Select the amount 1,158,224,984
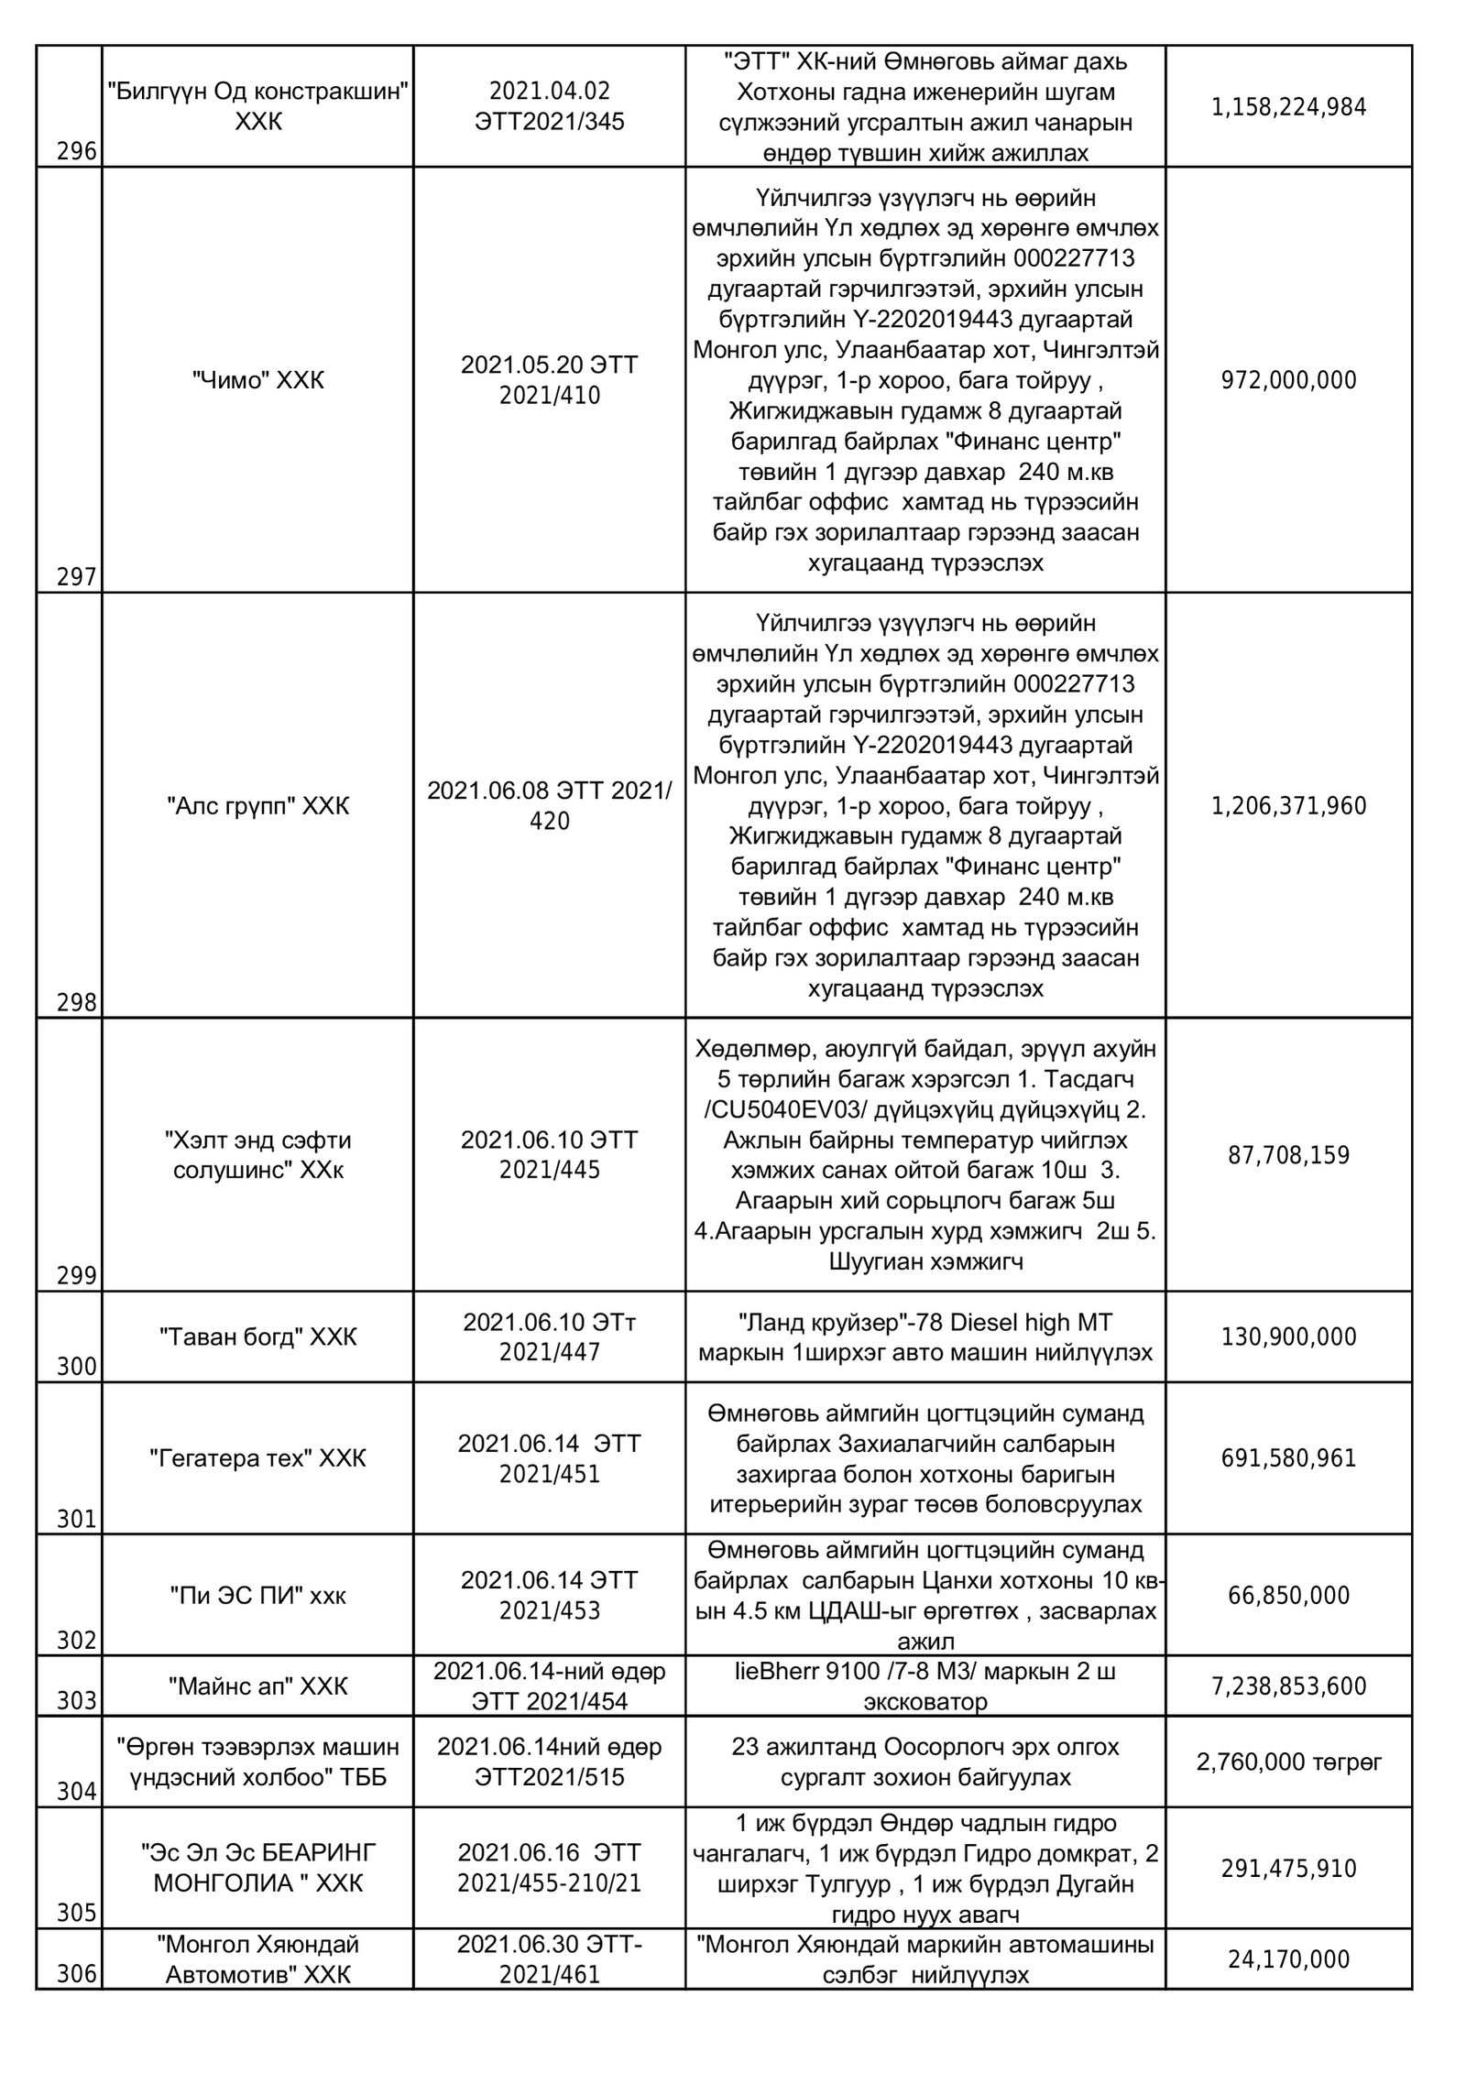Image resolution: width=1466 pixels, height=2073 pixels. [1288, 107]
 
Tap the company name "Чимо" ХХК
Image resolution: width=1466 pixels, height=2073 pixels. [257, 380]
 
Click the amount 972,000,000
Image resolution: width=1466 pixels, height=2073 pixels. [1288, 380]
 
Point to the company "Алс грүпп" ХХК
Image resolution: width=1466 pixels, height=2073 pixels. [257, 806]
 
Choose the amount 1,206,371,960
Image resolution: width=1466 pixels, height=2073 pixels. [1288, 806]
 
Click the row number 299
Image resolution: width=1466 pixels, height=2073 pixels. [77, 1276]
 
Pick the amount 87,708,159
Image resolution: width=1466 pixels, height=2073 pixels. [1288, 1155]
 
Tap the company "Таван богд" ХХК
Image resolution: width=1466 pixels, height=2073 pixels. [257, 1337]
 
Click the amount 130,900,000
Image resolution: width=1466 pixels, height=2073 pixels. [1288, 1337]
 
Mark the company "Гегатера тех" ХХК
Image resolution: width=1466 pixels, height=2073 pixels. [257, 1458]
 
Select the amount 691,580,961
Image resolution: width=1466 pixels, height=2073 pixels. [1288, 1458]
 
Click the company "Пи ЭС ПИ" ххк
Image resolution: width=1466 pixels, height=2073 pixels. [257, 1595]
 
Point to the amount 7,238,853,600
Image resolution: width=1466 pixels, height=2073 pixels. [1288, 1686]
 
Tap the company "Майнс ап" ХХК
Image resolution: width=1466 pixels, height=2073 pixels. [257, 1686]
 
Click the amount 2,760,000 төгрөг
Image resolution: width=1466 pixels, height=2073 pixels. [1288, 1762]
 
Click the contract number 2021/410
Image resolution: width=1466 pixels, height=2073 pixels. [550, 397]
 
